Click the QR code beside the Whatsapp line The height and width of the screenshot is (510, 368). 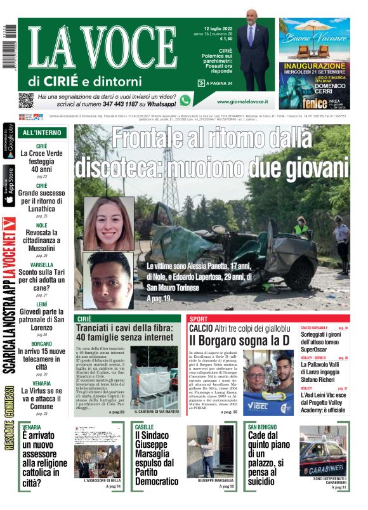point(26,100)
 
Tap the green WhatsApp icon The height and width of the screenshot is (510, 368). point(185,100)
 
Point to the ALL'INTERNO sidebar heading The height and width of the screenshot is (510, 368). point(42,133)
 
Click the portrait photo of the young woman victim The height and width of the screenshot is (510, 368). point(108,224)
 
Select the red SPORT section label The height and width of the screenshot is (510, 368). point(199,318)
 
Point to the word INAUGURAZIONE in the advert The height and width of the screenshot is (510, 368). point(315,66)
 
